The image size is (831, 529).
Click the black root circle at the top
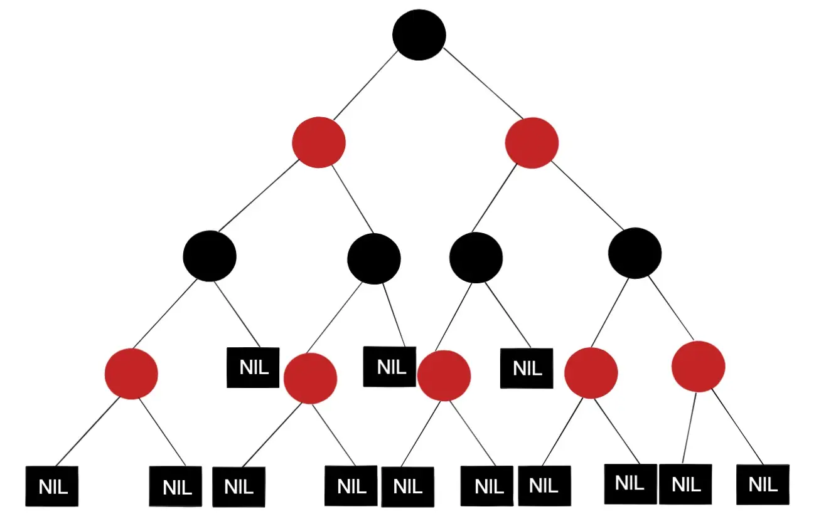click(x=419, y=35)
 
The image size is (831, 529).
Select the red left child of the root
click(x=319, y=143)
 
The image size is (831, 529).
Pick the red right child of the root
click(x=532, y=143)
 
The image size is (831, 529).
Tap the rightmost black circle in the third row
click(x=635, y=253)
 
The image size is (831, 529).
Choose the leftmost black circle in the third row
click(x=210, y=256)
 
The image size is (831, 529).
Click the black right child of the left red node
click(x=374, y=259)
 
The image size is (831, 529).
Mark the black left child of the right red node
click(x=476, y=258)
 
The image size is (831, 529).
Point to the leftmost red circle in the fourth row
click(x=131, y=374)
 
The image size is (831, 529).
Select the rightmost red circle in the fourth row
click(x=698, y=367)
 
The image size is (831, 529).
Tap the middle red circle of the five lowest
click(x=444, y=375)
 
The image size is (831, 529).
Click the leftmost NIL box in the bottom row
click(x=52, y=486)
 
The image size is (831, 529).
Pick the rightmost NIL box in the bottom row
click(x=763, y=484)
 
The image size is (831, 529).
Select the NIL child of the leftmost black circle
click(x=253, y=367)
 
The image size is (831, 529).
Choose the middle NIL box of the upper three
click(x=390, y=367)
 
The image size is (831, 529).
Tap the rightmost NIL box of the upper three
click(x=527, y=368)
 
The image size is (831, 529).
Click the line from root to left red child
click(x=365, y=85)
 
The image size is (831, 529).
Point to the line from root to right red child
click(x=483, y=83)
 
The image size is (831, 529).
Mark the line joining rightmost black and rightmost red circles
click(x=671, y=308)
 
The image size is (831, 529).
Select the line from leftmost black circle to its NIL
click(x=237, y=315)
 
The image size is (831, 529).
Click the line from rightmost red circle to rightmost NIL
click(x=737, y=427)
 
